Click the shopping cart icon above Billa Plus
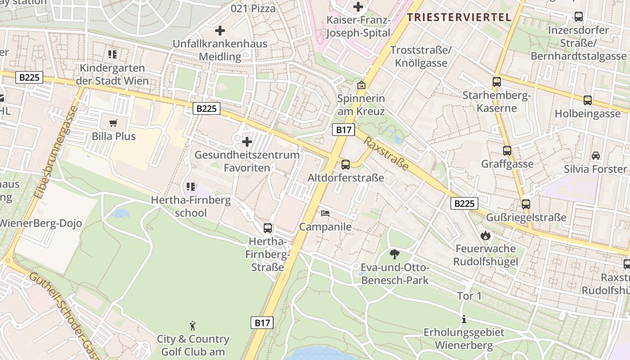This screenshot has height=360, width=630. click(x=113, y=123)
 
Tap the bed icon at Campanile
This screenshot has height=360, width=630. click(x=325, y=213)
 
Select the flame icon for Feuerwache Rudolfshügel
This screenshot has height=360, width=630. click(x=485, y=235)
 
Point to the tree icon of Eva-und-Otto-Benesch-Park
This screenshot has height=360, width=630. click(x=395, y=254)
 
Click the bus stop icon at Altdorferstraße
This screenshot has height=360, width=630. click(x=346, y=164)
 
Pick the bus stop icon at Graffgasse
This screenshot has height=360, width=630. click(x=507, y=151)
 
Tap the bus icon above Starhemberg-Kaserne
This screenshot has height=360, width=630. click(x=497, y=82)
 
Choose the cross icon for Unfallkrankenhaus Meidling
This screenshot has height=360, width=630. click(x=220, y=31)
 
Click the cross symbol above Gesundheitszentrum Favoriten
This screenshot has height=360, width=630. click(x=247, y=142)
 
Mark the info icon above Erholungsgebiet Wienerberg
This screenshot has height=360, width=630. click(x=464, y=319)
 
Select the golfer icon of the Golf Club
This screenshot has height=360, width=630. click(x=193, y=325)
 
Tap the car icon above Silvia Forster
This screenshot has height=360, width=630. click(x=596, y=156)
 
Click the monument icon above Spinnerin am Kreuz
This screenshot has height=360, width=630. click(x=361, y=85)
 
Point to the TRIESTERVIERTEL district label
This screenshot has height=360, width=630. click(x=459, y=18)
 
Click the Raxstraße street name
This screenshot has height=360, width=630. click(x=386, y=154)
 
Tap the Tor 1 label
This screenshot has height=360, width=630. click(x=469, y=296)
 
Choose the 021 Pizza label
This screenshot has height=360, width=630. click(x=253, y=8)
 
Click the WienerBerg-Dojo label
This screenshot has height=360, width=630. click(x=40, y=223)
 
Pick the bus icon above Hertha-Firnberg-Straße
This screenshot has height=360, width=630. click(x=268, y=228)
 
